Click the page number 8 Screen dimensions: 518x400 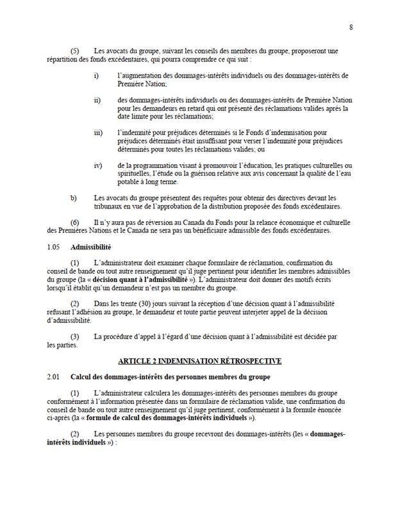coord(351,28)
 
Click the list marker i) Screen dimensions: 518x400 coord(96,76)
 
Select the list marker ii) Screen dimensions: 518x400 coord(97,101)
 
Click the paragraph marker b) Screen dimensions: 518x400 coord(73,197)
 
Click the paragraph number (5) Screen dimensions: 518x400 coord(74,51)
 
